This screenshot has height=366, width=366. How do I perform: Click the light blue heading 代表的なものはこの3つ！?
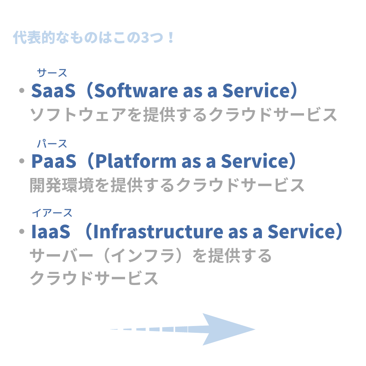[x=94, y=37]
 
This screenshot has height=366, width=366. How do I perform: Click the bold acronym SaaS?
[x=54, y=90]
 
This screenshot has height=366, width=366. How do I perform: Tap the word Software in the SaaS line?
[x=136, y=90]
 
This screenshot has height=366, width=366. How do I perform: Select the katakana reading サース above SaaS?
[x=52, y=73]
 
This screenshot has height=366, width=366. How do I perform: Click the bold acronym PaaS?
[x=54, y=161]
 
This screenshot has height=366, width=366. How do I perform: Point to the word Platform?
[x=136, y=161]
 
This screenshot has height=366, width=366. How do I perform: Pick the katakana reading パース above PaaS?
[x=52, y=144]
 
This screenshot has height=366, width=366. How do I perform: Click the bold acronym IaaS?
[x=50, y=231]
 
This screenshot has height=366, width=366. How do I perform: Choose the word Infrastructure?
[x=158, y=231]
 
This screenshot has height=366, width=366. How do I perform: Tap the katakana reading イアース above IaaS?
[x=52, y=213]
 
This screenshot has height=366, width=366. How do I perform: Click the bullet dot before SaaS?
[x=22, y=90]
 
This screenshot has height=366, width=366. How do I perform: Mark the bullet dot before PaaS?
[x=22, y=161]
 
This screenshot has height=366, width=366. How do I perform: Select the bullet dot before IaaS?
[x=22, y=231]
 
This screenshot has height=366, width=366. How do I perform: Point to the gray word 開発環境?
[x=62, y=185]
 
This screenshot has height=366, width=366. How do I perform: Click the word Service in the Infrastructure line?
[x=302, y=231]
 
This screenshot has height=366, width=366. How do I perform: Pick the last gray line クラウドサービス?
[x=94, y=278]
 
